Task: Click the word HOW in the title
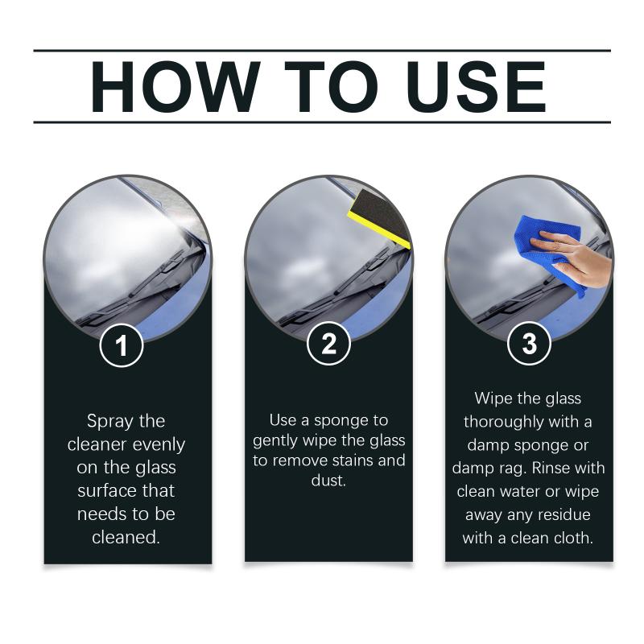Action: click(x=175, y=87)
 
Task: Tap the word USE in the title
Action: click(x=477, y=87)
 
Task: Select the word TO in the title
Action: click(x=331, y=87)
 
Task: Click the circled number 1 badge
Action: click(x=122, y=345)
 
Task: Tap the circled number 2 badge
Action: click(x=328, y=344)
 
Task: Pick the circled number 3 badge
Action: click(x=529, y=344)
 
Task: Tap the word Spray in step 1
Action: click(x=109, y=422)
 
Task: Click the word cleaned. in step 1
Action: click(x=126, y=537)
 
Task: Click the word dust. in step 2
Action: click(x=328, y=480)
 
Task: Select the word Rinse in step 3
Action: click(x=551, y=468)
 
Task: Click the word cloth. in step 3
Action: click(x=572, y=538)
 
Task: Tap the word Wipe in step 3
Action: click(x=493, y=399)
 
